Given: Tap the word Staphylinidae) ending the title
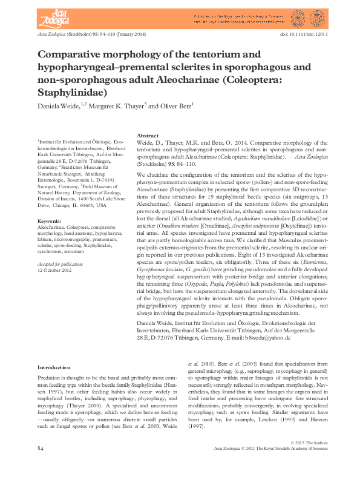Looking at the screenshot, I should click(72, 93).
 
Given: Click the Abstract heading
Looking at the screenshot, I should click(148, 136).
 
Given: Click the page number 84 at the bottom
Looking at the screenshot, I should click(41, 465).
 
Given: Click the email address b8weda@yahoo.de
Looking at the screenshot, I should click(237, 337).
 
